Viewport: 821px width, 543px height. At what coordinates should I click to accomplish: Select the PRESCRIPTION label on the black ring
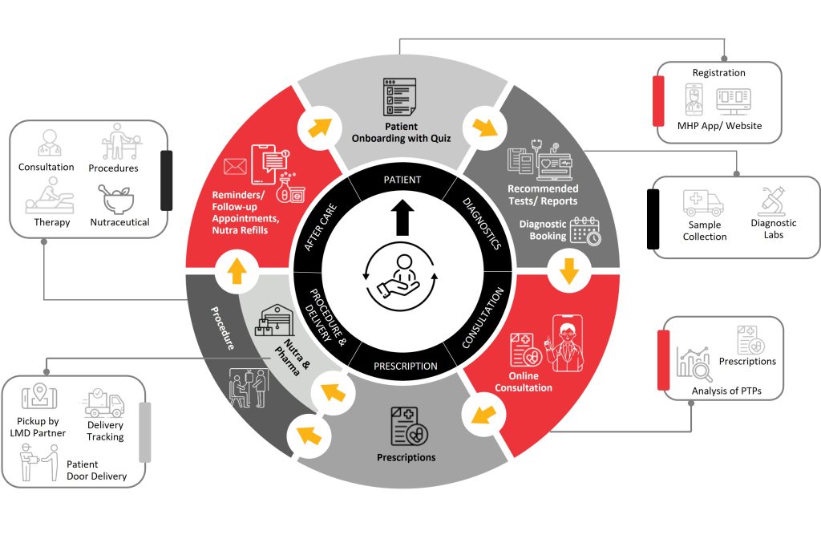point(406,367)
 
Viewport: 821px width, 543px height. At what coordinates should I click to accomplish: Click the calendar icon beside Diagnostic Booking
point(586,230)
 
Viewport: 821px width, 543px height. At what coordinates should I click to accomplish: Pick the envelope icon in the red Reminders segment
point(235,168)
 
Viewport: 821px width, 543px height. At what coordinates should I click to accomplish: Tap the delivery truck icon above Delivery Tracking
point(105,404)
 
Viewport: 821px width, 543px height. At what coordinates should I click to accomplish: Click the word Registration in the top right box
point(718,73)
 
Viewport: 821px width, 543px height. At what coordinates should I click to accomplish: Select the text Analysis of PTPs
point(726,391)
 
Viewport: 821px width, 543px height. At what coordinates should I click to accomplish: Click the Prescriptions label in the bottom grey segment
point(406,457)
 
